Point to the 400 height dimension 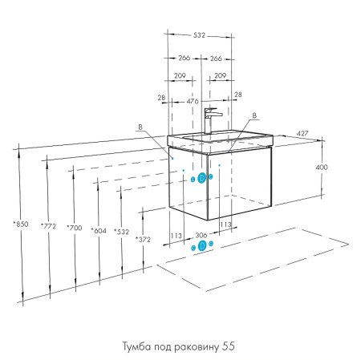pos(322,168)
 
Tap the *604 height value pos(99,230)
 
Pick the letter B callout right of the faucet pos(254,115)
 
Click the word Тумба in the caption pos(135,346)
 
